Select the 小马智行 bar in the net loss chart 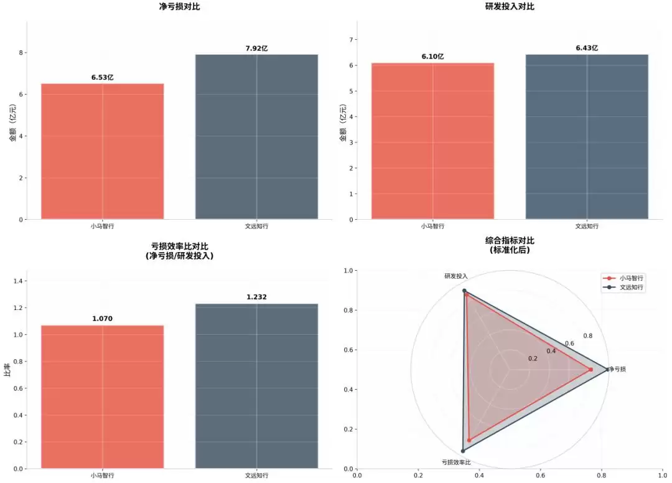click(x=103, y=151)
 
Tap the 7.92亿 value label click(x=256, y=49)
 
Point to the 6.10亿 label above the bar click(x=432, y=57)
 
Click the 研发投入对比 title click(x=510, y=6)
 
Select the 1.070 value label click(x=102, y=319)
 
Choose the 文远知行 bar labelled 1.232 click(x=256, y=386)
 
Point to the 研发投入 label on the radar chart click(x=456, y=275)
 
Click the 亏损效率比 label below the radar click(x=456, y=462)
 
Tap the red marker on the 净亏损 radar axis click(x=590, y=370)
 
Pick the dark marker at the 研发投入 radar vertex click(x=464, y=291)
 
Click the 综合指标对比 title click(x=510, y=245)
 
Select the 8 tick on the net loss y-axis click(x=21, y=53)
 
